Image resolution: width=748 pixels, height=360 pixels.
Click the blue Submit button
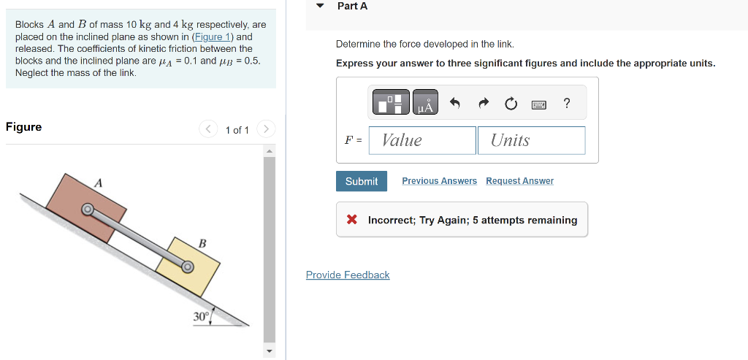point(362,181)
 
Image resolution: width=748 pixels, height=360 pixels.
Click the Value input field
point(422,140)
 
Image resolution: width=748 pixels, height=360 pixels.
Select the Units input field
point(531,140)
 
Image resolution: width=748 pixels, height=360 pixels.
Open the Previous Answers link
point(439,181)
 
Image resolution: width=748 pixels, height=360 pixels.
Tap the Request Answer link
point(519,181)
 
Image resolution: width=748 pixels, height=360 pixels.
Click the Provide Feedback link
point(348,275)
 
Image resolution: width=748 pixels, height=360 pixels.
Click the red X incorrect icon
point(352,220)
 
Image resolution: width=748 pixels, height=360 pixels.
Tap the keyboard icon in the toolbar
point(538,104)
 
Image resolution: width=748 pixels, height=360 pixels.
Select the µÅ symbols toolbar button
point(425,103)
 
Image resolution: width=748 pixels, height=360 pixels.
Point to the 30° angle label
point(200,316)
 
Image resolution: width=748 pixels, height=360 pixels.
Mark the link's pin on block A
point(87,210)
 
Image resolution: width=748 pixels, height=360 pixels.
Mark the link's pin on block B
point(188,267)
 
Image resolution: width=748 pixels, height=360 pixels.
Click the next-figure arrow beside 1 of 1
point(266,129)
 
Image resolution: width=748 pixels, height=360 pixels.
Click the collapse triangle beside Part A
point(319,6)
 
